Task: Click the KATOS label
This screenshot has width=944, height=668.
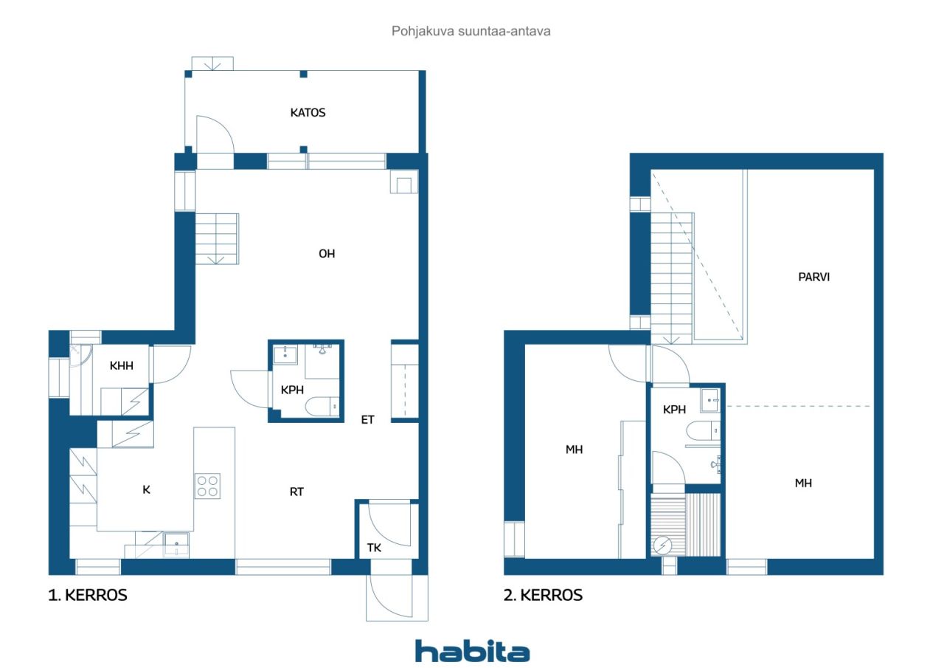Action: [x=308, y=113]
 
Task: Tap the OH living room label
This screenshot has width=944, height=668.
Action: [x=327, y=253]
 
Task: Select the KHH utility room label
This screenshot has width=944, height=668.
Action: [x=121, y=365]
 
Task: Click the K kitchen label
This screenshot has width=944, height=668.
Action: [x=146, y=489]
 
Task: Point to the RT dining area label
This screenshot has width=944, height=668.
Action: [x=296, y=491]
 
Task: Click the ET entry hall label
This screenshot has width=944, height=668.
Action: [x=367, y=420]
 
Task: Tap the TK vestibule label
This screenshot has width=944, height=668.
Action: [x=375, y=548]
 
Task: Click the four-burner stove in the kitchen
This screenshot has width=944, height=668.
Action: [x=207, y=486]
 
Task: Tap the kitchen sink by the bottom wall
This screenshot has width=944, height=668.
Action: [x=176, y=545]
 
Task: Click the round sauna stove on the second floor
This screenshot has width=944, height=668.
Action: [x=662, y=545]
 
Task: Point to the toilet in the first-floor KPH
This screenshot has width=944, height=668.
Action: [x=322, y=406]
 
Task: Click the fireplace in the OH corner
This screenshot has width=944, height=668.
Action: [x=403, y=183]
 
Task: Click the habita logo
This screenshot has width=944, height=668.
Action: [x=472, y=650]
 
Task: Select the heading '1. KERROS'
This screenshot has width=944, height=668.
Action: [x=88, y=595]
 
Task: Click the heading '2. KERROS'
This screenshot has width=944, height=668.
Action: [x=543, y=595]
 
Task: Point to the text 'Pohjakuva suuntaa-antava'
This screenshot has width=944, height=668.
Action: [x=471, y=32]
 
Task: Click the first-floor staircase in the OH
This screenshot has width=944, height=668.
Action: [x=217, y=238]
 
